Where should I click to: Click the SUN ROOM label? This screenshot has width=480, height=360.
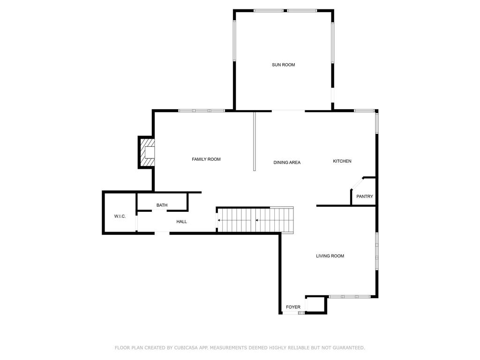pos(283,65)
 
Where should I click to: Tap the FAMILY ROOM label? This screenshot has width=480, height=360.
pos(206,159)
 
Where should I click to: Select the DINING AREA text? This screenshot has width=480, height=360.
pos(287,163)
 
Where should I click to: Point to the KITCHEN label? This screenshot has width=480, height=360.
pos(342,161)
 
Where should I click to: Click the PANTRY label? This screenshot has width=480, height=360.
pos(364,196)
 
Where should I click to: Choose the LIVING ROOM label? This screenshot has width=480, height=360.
pos(330,256)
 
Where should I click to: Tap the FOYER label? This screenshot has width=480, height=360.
pos(293,307)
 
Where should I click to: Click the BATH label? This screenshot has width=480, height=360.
pos(162,205)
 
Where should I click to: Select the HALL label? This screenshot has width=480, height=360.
pos(181,221)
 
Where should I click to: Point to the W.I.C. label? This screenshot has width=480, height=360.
pos(120,216)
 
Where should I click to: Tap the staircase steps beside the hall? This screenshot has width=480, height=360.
pos(255,219)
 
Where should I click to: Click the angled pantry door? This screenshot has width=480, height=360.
pos(356,183)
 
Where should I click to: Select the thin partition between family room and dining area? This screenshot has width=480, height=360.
pos(254,141)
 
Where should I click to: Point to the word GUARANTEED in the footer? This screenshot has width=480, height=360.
pos(347,348)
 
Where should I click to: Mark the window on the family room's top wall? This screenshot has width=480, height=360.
pos(202,111)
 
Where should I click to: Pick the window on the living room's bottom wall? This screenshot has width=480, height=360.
pos(350,297)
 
